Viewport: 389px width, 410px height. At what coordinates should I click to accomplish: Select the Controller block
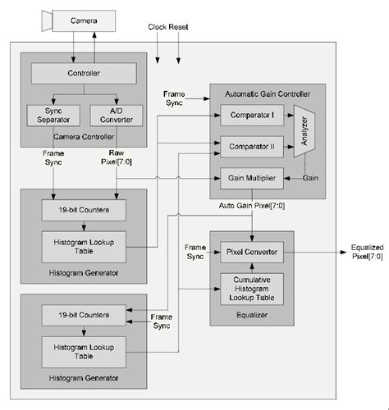pos(84,75)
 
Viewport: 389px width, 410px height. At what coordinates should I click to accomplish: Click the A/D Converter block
pos(114,115)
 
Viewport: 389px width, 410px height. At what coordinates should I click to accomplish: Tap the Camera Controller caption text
pos(84,136)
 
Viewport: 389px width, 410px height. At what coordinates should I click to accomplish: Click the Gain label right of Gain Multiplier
pos(310,178)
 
